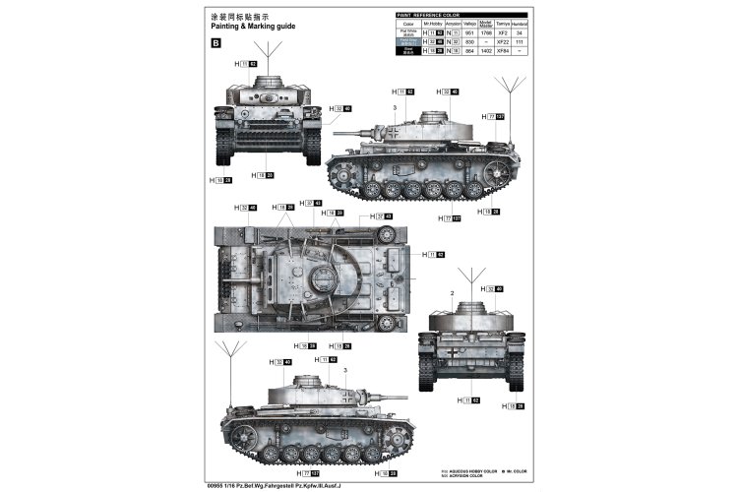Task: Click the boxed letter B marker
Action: click(216, 42)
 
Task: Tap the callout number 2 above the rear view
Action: click(452, 294)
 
